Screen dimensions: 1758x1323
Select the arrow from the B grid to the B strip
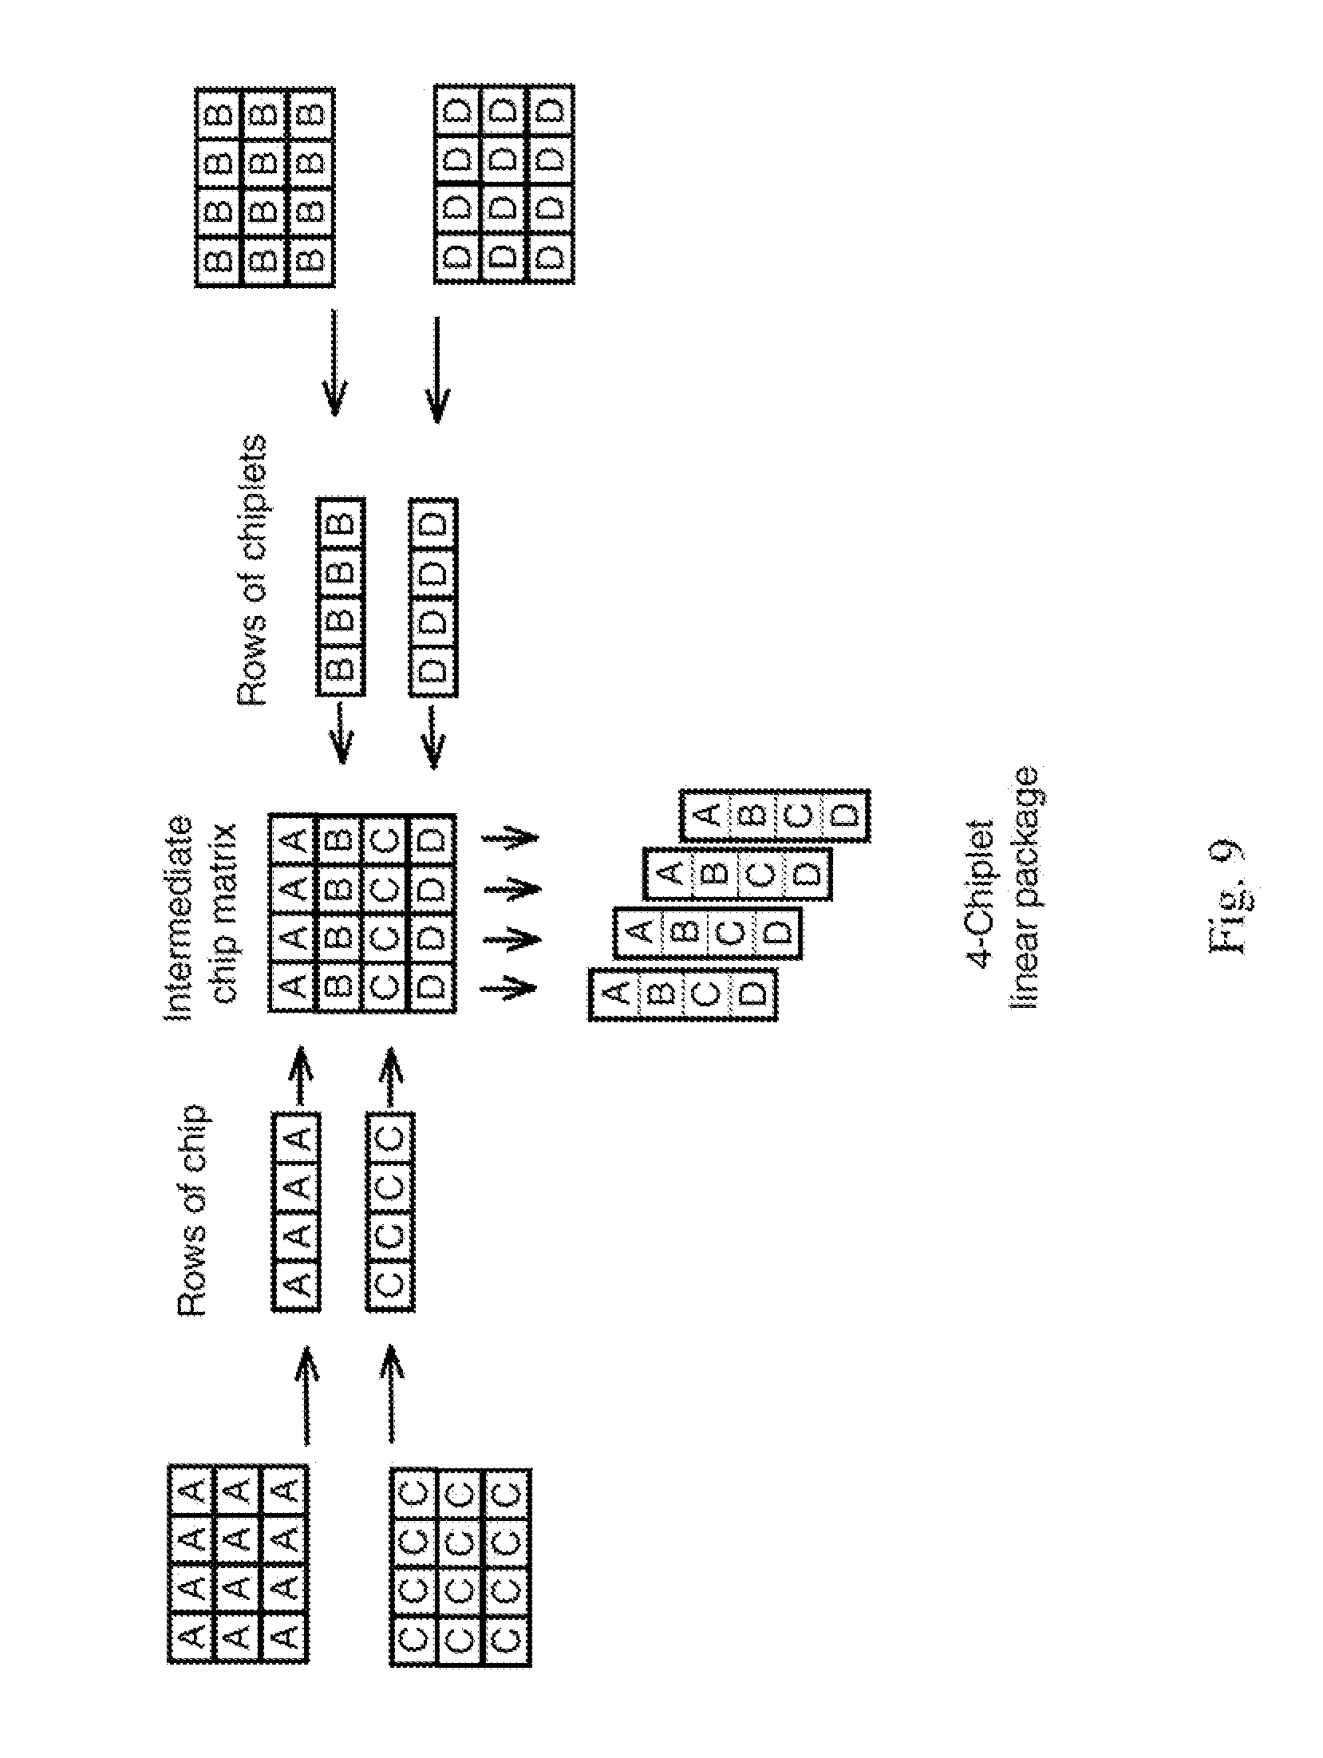(334, 363)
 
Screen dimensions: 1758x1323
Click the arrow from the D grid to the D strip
(436, 367)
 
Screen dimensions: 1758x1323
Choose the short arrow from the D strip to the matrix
(433, 735)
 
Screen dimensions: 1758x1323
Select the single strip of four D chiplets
(434, 598)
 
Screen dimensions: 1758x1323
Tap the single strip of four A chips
(296, 1212)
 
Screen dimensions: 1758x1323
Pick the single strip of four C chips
(391, 1212)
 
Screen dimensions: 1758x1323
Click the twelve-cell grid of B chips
(265, 186)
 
